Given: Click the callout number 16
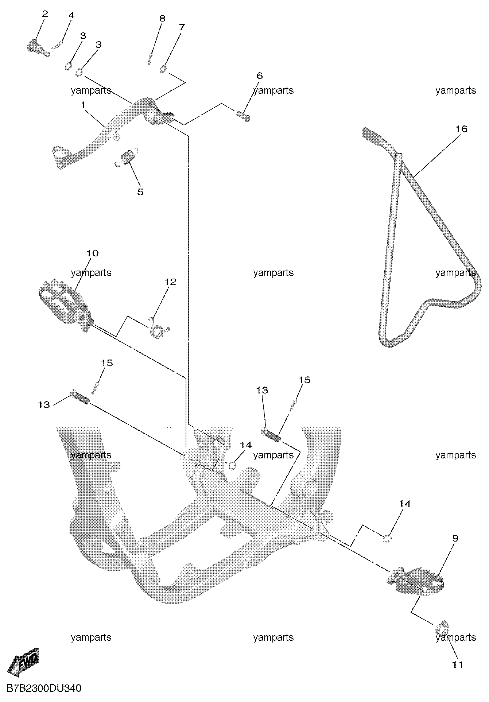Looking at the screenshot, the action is (461, 129).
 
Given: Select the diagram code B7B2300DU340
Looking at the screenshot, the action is (44, 689).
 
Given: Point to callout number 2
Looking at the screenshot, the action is (45, 14).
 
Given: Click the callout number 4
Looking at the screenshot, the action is (71, 15).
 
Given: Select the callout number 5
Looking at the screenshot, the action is (140, 192).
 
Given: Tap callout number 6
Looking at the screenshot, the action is (260, 76).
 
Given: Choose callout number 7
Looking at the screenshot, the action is (182, 27).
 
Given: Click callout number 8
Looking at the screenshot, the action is (162, 19).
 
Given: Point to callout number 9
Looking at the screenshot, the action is (455, 538).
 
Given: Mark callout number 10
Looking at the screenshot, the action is (92, 253).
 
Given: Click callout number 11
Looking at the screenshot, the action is (457, 665).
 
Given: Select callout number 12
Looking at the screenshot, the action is (170, 282).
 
